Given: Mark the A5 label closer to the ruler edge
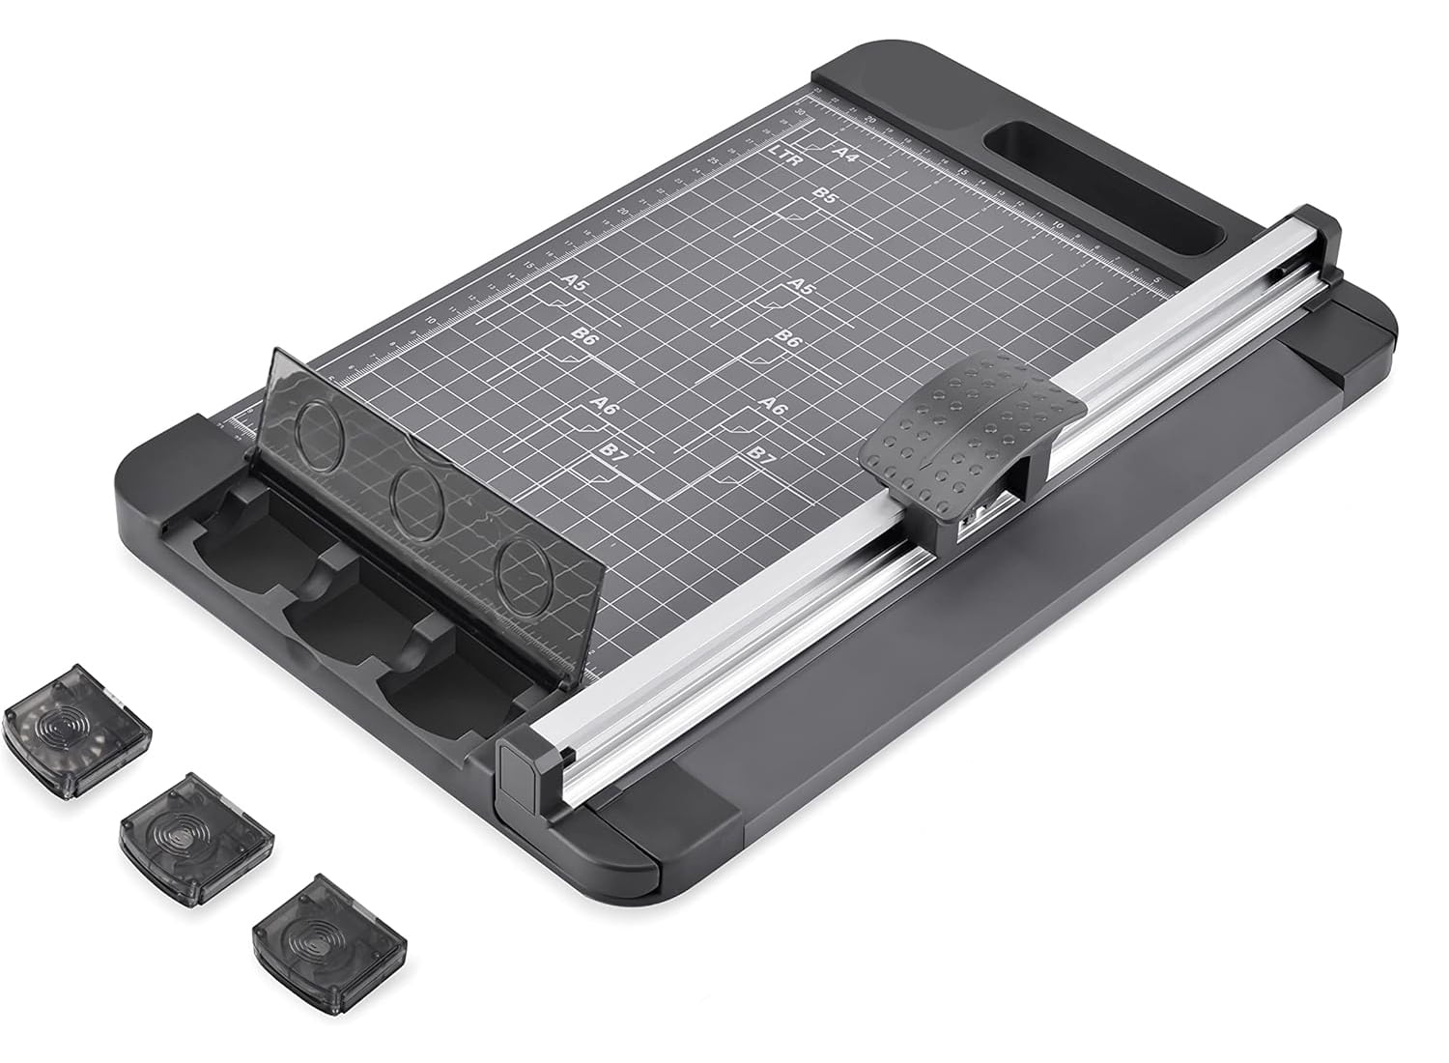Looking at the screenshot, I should click(x=574, y=283).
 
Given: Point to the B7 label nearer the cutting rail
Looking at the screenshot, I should click(x=761, y=453).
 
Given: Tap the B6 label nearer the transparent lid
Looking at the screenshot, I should click(x=583, y=336).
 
